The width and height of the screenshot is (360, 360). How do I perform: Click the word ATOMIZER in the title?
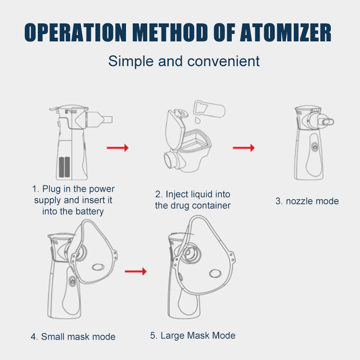click(x=285, y=32)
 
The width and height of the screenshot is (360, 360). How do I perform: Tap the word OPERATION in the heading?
click(x=76, y=32)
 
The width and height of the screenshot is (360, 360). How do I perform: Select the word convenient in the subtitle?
click(x=223, y=61)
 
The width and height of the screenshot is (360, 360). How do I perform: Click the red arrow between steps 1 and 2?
click(x=117, y=148)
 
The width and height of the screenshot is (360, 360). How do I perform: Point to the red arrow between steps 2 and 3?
click(x=243, y=148)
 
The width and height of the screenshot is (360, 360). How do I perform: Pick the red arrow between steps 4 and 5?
click(x=135, y=271)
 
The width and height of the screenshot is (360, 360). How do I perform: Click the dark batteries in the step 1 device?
click(x=64, y=167)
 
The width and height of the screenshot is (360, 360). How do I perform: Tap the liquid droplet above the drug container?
click(x=197, y=120)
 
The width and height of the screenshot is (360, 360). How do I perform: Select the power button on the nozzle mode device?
click(x=315, y=146)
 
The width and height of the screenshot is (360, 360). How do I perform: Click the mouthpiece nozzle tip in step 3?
click(x=328, y=122)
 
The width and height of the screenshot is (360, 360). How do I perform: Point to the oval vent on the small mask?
click(x=98, y=267)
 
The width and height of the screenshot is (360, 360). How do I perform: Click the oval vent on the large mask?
click(x=215, y=273)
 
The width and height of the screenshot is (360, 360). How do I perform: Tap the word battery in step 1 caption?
click(x=90, y=211)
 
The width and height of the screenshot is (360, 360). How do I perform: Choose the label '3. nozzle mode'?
click(x=307, y=201)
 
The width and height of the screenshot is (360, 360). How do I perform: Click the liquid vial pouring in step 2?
click(x=209, y=108)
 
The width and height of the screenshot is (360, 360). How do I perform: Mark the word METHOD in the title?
click(x=170, y=32)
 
